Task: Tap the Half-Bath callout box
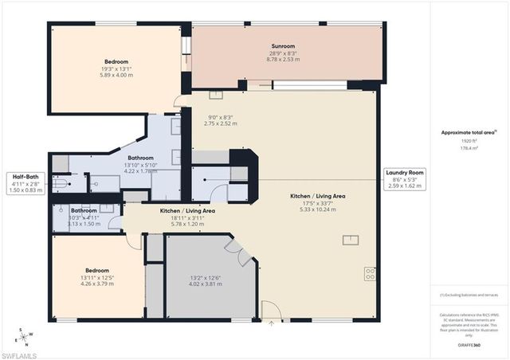pyautogui.click(x=26, y=182)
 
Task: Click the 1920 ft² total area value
pyautogui.click(x=468, y=140)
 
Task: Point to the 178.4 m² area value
pyautogui.click(x=468, y=147)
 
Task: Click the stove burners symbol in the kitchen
pyautogui.click(x=371, y=273)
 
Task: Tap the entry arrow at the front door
pyautogui.click(x=273, y=323)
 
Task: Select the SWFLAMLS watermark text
pyautogui.click(x=19, y=351)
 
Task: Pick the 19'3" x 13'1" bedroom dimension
pyautogui.click(x=116, y=68)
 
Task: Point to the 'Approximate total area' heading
pyautogui.click(x=469, y=132)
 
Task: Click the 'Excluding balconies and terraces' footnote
pyautogui.click(x=469, y=295)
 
